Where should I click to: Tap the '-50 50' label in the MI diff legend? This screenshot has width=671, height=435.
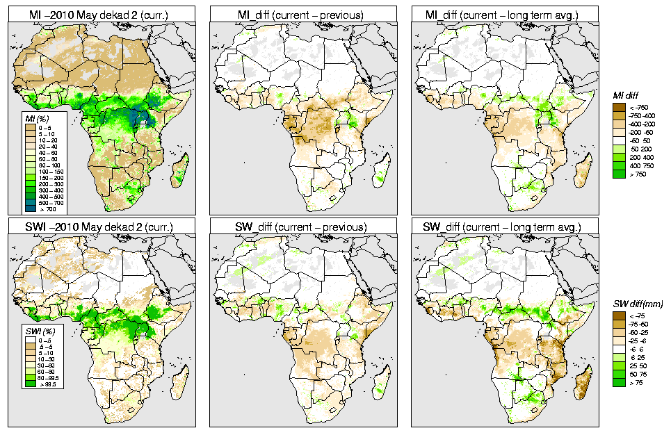pos(638,140)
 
